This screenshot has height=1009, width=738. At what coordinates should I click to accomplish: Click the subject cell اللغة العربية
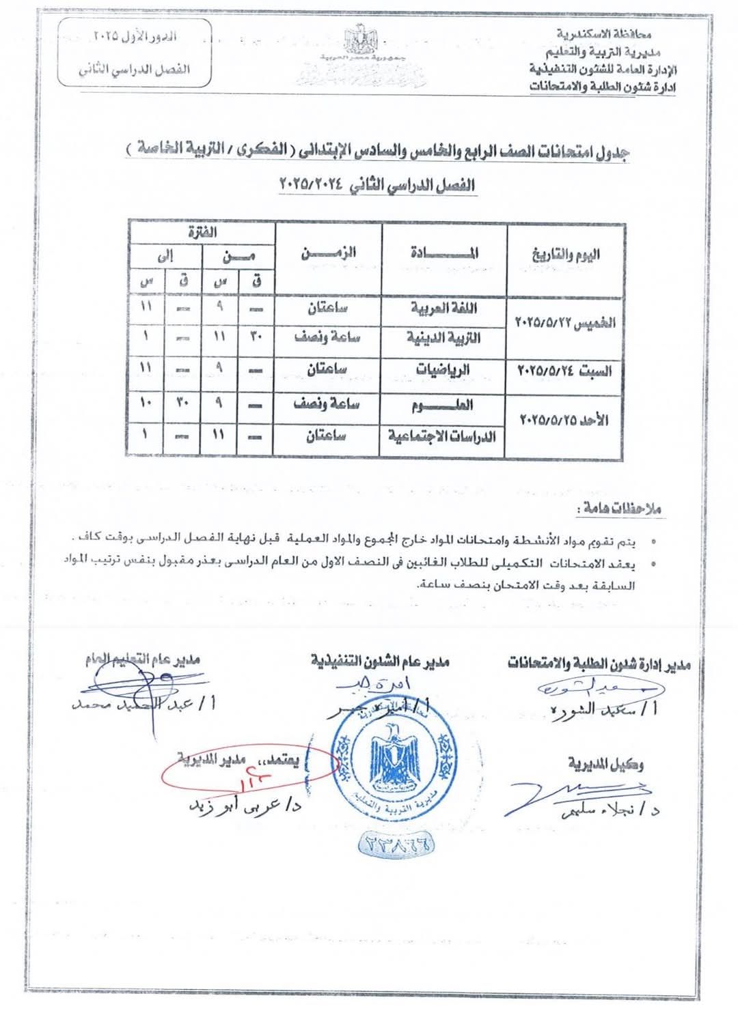coord(444,309)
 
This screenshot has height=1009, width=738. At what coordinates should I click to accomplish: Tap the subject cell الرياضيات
coord(444,369)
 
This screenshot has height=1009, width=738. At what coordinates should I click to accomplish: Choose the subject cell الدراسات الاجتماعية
coord(443,436)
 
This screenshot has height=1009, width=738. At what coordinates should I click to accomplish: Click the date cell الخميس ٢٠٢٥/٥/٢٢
coord(565,323)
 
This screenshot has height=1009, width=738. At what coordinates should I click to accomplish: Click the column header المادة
coord(444,253)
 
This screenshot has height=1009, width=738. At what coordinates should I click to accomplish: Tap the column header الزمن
coord(329,253)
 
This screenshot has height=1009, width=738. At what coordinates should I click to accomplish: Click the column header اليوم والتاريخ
coord(566,255)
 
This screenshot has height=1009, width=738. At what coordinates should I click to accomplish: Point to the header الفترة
coord(202,232)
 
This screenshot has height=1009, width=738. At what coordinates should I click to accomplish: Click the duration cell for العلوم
coord(327,404)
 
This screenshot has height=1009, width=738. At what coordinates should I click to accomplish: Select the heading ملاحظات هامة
coord(620,509)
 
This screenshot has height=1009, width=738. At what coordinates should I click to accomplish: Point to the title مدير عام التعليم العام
coord(142,660)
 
